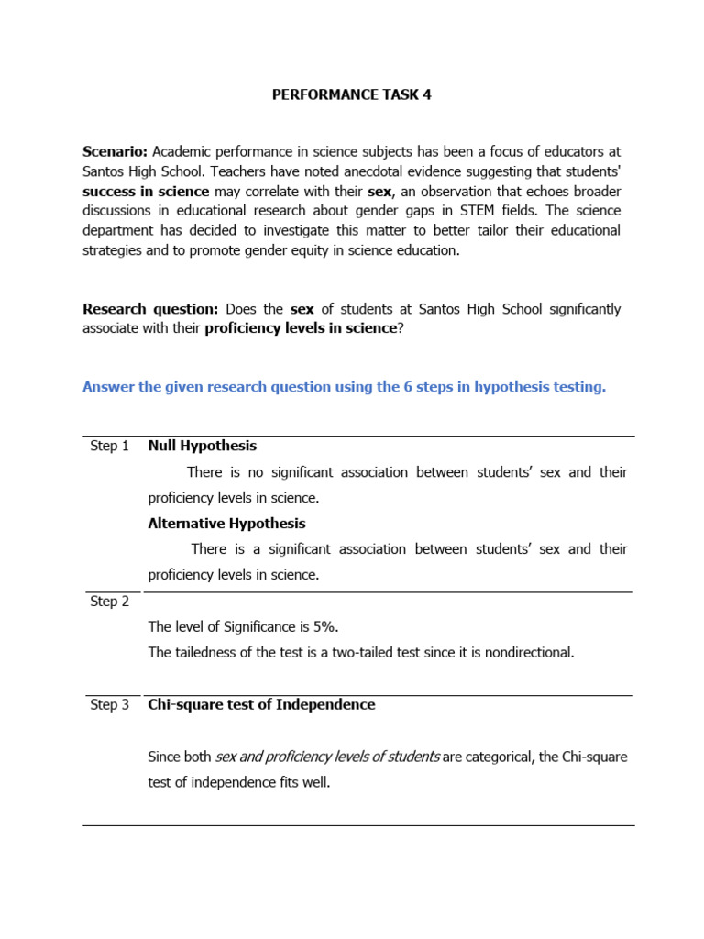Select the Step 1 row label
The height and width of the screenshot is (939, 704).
click(109, 447)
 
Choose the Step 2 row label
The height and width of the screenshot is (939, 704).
click(109, 602)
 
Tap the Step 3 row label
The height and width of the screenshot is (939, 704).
click(109, 705)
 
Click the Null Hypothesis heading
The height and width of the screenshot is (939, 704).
click(202, 446)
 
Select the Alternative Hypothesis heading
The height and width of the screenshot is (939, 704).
click(226, 524)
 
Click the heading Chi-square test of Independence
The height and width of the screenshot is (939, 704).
click(261, 704)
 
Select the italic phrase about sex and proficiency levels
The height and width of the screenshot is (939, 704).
click(326, 757)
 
